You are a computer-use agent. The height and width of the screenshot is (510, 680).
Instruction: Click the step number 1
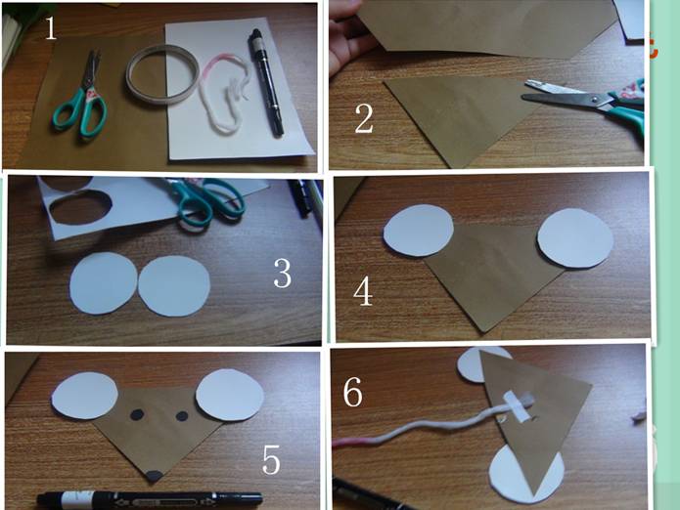point(51,29)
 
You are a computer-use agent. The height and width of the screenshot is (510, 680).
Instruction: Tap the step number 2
point(364,118)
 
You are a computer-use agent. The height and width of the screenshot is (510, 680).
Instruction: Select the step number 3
point(283,274)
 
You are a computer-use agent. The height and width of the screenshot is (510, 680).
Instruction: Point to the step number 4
point(363,291)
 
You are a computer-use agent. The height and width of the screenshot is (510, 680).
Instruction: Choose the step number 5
point(271,459)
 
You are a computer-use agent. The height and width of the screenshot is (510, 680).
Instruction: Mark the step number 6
point(352,392)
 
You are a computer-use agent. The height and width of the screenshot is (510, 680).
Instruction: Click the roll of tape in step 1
point(162,74)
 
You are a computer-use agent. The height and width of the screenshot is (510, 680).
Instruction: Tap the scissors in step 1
point(80,98)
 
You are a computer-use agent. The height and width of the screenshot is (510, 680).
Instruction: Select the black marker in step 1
point(265,82)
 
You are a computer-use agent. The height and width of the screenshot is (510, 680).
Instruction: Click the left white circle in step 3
point(103,283)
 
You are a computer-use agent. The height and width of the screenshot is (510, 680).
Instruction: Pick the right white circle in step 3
point(174,285)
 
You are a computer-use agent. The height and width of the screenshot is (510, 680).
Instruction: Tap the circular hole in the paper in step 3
point(80,209)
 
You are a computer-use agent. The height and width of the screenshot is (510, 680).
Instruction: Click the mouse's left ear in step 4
point(419,230)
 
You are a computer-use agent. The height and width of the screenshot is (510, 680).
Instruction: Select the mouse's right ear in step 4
point(575,238)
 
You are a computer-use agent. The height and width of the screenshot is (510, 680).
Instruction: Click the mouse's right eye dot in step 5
point(182,416)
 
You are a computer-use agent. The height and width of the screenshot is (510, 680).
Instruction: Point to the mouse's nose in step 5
point(155,476)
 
